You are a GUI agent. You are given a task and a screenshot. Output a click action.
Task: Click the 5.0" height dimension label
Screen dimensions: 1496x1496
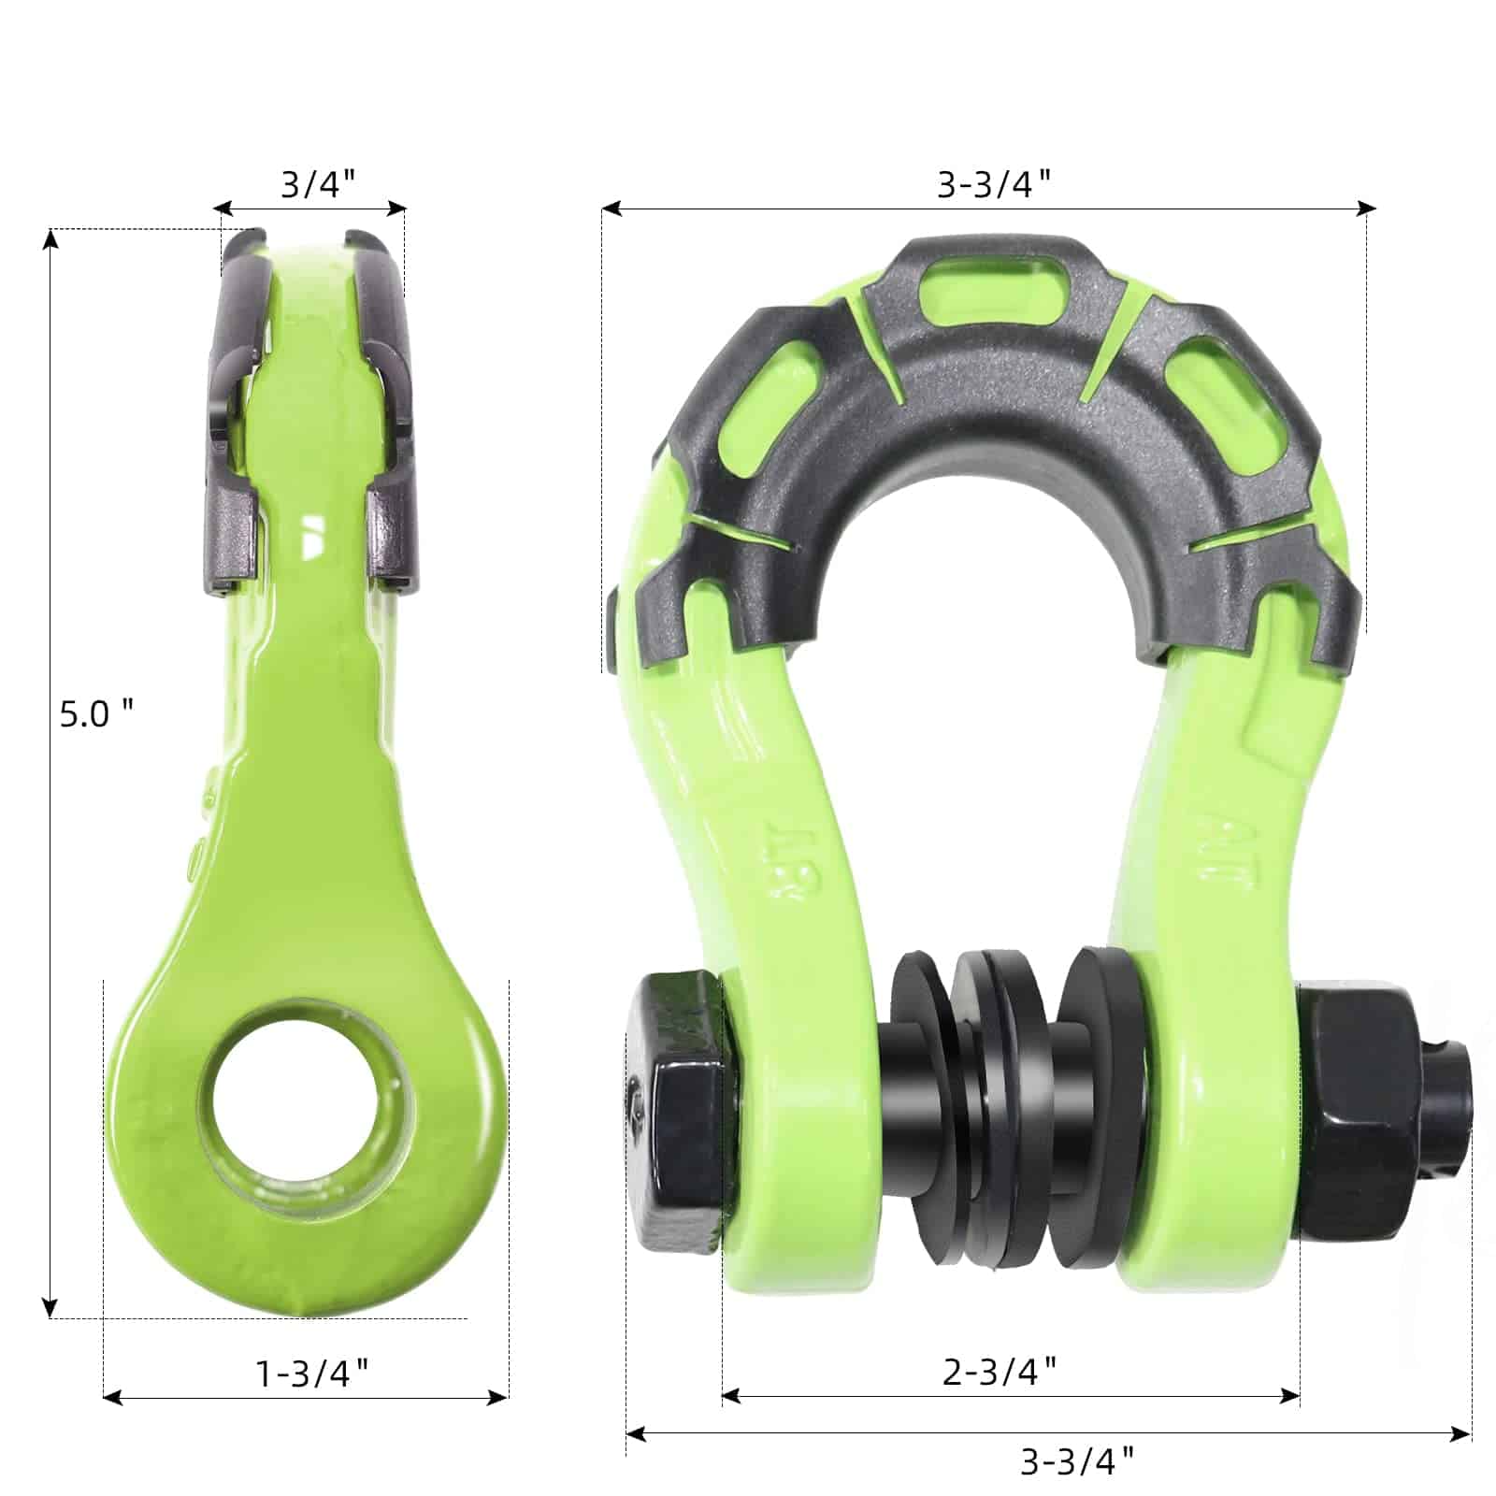click(x=95, y=714)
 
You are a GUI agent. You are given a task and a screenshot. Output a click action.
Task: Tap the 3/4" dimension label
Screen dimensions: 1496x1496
click(x=318, y=183)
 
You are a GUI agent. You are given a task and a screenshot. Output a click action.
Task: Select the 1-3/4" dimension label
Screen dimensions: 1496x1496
click(x=311, y=1374)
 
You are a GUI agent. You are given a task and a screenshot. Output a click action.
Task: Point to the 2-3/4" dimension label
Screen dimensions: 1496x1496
click(x=999, y=1372)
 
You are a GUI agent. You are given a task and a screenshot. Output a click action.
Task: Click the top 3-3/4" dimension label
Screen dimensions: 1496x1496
click(x=994, y=184)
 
